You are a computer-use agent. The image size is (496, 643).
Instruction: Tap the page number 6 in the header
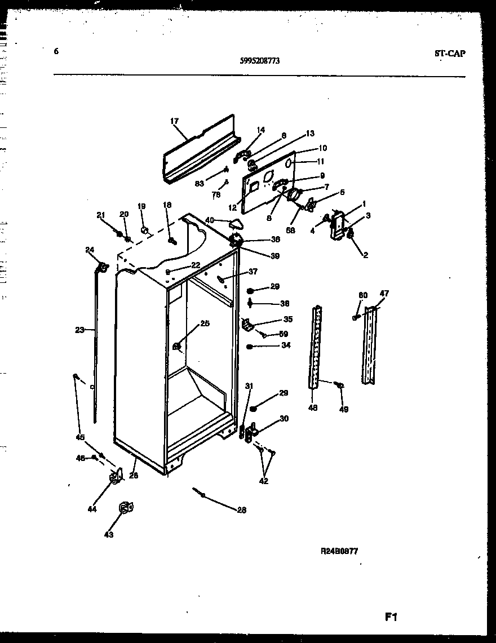click(x=56, y=51)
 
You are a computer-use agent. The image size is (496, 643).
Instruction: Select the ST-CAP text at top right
click(x=450, y=54)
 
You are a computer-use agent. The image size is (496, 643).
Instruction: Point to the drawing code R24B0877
click(x=339, y=552)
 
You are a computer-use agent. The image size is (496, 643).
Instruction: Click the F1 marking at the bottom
click(x=391, y=617)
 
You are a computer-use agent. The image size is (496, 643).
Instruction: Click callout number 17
click(x=174, y=121)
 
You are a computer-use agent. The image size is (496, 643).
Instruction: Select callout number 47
click(x=384, y=294)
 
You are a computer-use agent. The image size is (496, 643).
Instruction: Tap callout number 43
click(x=108, y=534)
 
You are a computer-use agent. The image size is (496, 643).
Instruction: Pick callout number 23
click(x=79, y=330)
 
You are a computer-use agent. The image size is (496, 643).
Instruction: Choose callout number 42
click(x=264, y=481)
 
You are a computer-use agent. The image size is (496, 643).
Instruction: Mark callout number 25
click(x=205, y=323)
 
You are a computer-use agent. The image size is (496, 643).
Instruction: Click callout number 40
click(x=210, y=220)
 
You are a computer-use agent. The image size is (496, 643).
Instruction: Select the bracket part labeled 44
click(x=116, y=478)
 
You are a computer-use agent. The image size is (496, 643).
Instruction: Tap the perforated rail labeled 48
click(x=317, y=347)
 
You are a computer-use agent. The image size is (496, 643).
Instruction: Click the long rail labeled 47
click(x=370, y=344)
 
